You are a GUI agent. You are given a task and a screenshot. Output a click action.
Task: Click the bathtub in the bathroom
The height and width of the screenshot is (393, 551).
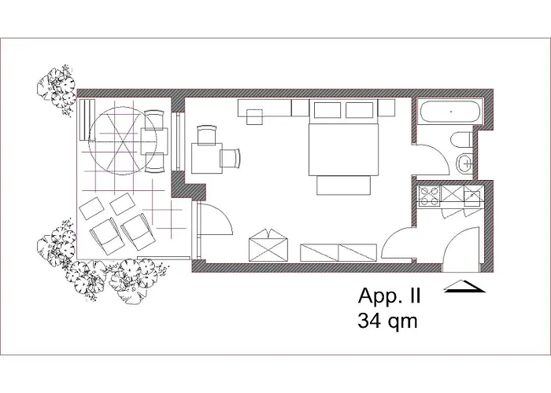450,112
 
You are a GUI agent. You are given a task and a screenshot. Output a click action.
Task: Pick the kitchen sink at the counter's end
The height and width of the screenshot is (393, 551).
474,196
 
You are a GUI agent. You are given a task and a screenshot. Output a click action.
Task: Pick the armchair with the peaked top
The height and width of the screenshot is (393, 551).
268,247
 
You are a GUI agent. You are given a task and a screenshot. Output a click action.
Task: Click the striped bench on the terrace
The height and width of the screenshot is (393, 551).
85,126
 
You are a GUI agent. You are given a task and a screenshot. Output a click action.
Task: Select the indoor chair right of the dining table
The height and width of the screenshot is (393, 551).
232,158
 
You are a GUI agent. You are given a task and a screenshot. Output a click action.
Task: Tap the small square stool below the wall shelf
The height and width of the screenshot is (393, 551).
255,117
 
